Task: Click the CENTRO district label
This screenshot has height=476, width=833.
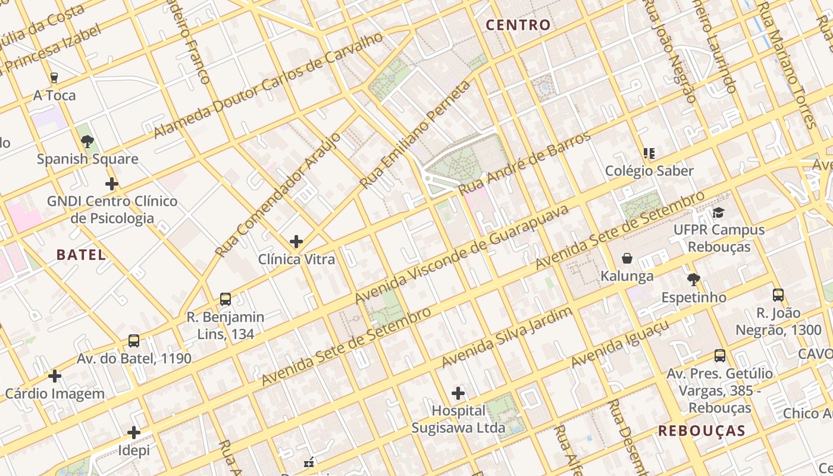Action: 518,25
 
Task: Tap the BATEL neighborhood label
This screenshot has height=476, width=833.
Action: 81,255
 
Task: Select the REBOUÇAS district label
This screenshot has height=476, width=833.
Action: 702,431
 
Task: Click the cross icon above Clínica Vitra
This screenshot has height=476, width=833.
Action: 296,242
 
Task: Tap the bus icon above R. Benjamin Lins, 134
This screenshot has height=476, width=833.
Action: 225,299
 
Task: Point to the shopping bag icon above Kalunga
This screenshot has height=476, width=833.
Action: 627,258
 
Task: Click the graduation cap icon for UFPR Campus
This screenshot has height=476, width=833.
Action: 718,212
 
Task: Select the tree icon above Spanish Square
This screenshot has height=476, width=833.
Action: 87,142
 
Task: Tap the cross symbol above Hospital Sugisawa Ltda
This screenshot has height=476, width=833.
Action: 458,393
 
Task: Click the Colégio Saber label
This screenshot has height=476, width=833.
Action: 649,171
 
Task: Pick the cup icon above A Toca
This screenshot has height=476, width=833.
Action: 54,78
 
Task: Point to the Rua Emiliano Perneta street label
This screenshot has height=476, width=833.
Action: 411,137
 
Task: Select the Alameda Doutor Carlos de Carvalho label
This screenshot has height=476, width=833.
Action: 268,86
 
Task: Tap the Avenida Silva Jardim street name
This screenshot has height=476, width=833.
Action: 507,338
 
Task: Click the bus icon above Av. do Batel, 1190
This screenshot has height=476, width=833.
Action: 134,341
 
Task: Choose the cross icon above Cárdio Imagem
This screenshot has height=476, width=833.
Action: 55,376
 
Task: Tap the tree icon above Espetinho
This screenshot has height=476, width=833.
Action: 693,280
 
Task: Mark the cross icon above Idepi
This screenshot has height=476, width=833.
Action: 134,433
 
